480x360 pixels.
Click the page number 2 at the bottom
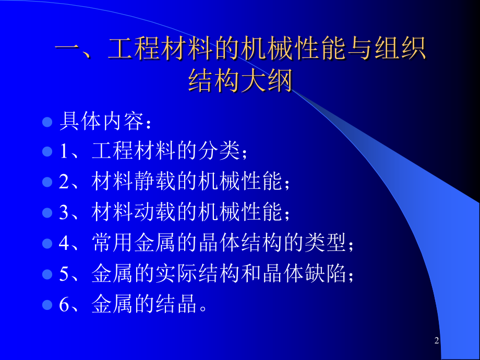437,340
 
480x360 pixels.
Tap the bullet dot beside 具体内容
47,122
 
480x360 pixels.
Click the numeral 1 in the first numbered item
64,151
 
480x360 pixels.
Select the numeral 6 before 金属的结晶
64,304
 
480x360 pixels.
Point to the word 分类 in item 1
219,151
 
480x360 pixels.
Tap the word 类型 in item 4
326,243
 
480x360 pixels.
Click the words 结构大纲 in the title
241,80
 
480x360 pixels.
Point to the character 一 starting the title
68,49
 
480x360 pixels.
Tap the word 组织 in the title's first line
400,48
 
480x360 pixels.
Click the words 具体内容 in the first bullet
102,121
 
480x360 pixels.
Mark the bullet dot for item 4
47,243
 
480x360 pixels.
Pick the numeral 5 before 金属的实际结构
64,273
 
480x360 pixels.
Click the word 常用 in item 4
112,243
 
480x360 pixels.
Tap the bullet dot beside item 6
47,305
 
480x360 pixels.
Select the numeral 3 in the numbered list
64,212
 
